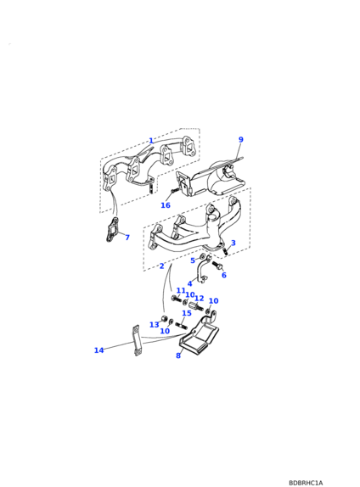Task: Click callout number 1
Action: click(x=151, y=141)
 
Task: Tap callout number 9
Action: click(x=240, y=139)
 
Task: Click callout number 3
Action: click(x=233, y=243)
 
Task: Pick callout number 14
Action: click(x=98, y=350)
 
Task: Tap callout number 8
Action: click(x=178, y=355)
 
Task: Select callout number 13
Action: click(x=155, y=325)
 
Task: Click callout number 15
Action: click(x=187, y=313)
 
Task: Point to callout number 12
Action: click(x=199, y=299)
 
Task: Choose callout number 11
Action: click(x=181, y=291)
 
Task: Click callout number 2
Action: click(x=161, y=266)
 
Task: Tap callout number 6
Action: click(x=224, y=275)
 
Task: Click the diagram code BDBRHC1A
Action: click(x=306, y=483)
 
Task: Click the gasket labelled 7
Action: click(x=111, y=230)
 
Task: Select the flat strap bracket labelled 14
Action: click(x=137, y=340)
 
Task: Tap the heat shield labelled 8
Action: click(x=200, y=335)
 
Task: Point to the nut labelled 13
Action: click(x=164, y=318)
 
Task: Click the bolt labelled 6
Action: click(x=217, y=266)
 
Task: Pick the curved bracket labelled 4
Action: click(x=200, y=270)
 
